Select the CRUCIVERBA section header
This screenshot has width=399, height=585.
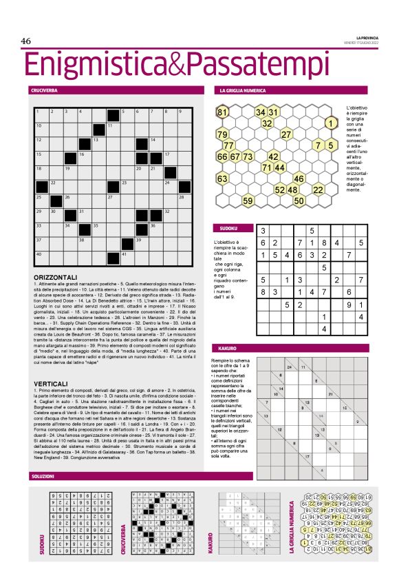coord(44,90)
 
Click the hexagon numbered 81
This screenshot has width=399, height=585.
coord(222,112)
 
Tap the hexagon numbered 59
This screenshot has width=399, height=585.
coord(248,201)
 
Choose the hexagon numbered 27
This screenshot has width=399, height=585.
coord(287,134)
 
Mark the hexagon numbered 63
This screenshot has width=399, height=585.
coord(222,179)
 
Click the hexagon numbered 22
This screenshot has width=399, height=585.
coord(318,189)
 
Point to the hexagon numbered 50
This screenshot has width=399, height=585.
coord(299,201)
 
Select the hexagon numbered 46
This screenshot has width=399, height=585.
coord(299,178)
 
